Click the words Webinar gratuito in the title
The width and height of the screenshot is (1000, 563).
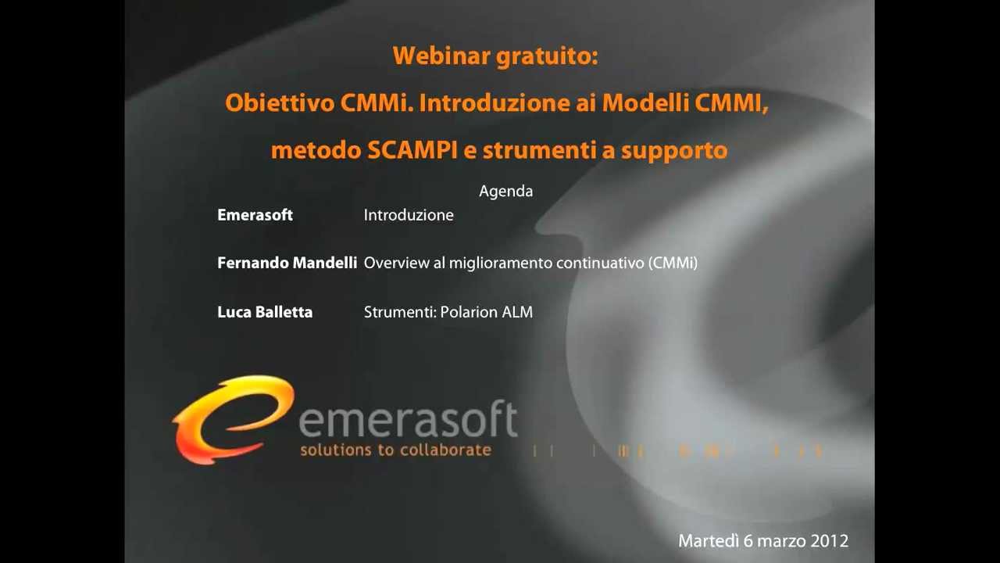pos(495,56)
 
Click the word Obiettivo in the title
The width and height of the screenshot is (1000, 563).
pos(280,103)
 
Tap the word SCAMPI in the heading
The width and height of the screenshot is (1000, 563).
pos(412,150)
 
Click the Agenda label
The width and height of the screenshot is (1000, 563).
pos(505,191)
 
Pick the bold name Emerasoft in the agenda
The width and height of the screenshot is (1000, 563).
pos(255,215)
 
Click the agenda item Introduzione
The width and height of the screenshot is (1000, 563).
pos(408,215)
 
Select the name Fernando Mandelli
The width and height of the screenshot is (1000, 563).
pos(287,264)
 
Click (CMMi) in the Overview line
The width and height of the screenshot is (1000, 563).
pos(673,264)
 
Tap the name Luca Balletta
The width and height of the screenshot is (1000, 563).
pos(265,312)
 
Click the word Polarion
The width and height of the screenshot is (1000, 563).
pos(469,312)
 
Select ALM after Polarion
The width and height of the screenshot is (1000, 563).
pos(517,312)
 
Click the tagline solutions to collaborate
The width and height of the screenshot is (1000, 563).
pos(395,450)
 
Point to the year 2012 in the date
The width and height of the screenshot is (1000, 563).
pos(830,541)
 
